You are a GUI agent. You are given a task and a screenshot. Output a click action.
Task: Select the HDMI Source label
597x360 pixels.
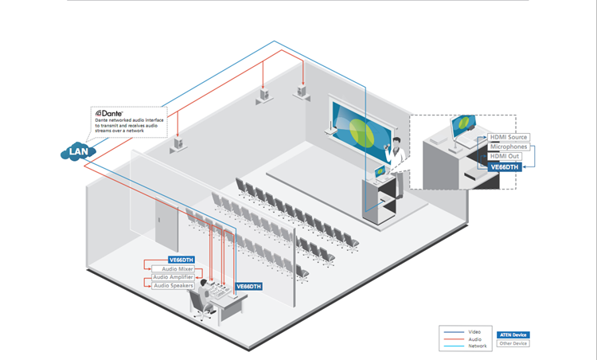click(x=509, y=138)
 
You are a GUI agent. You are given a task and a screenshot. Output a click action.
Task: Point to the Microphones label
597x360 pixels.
click(x=509, y=147)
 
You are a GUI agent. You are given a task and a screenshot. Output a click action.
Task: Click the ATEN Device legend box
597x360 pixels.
click(x=513, y=335)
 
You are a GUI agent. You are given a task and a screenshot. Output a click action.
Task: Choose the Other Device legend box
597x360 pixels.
click(x=513, y=343)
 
